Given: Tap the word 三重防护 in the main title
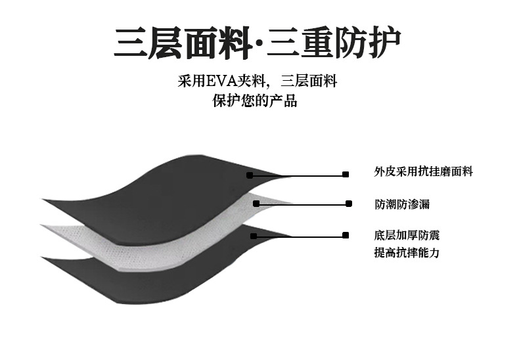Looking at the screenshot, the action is tap(333, 43).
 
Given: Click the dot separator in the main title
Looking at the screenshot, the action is tap(258, 45).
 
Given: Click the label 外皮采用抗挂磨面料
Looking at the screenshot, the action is tap(423, 172).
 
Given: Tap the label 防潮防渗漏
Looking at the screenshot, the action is tap(402, 204).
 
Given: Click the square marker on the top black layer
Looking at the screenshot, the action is tap(250, 175).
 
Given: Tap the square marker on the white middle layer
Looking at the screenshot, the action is tap(256, 204).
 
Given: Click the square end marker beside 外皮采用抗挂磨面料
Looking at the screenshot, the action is tap(345, 175).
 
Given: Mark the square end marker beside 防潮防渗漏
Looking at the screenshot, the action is tap(348, 204).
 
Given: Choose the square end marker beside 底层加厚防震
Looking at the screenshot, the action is tap(345, 234).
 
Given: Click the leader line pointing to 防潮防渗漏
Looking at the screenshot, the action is tap(302, 204).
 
